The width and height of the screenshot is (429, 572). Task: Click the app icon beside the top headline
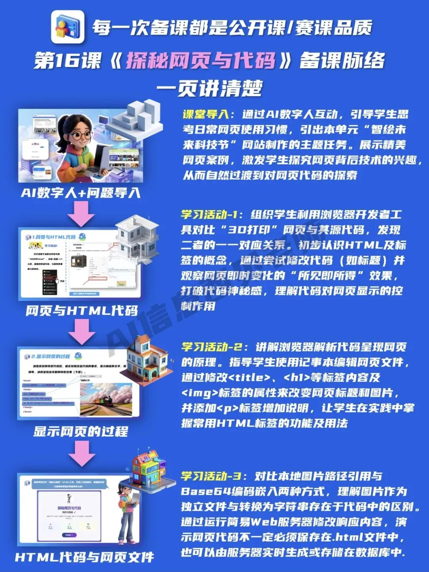pyautogui.click(x=68, y=27)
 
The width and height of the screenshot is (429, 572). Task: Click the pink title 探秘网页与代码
pyautogui.click(x=201, y=61)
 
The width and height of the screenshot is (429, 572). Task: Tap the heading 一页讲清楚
pyautogui.click(x=209, y=88)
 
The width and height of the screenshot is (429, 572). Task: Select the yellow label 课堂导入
pyautogui.click(x=205, y=114)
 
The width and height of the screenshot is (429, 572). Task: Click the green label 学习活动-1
pyautogui.click(x=209, y=215)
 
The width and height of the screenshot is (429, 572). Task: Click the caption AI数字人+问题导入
pyautogui.click(x=81, y=193)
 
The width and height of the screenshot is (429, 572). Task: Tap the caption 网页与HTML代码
pyautogui.click(x=81, y=311)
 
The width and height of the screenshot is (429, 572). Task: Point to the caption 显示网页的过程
pyautogui.click(x=81, y=431)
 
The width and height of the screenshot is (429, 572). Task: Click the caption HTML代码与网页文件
pyautogui.click(x=84, y=557)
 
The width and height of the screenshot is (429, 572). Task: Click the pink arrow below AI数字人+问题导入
pyautogui.click(x=81, y=214)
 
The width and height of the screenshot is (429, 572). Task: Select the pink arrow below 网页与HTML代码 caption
pyautogui.click(x=81, y=331)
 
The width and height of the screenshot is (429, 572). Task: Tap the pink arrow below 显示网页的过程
pyautogui.click(x=81, y=453)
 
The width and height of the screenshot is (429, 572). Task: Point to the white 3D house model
pyautogui.click(x=137, y=238)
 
